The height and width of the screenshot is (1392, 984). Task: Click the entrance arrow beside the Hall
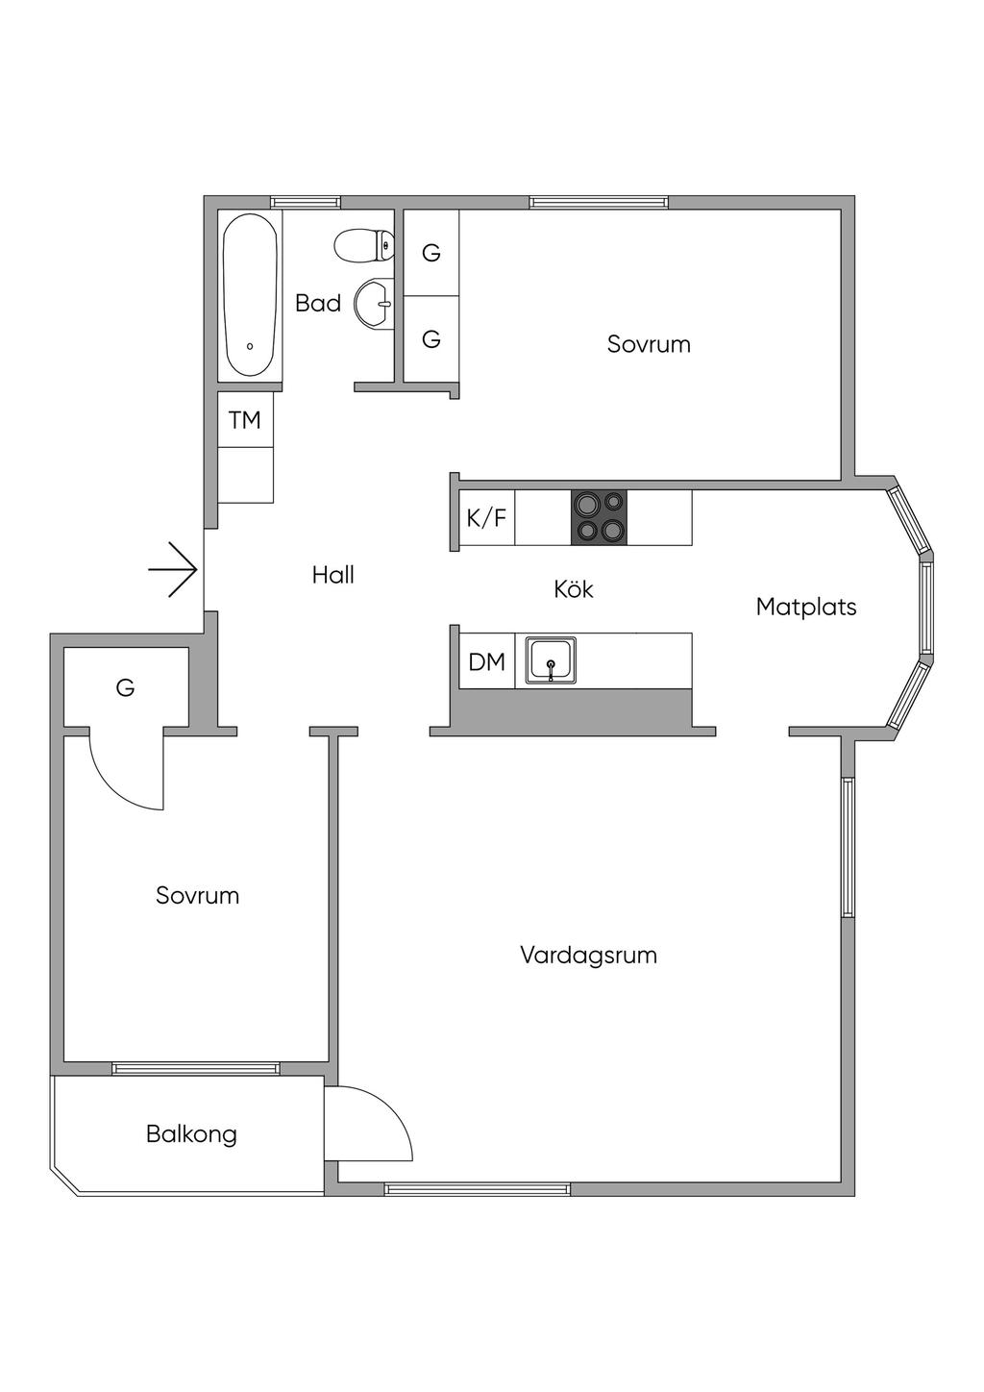point(173,570)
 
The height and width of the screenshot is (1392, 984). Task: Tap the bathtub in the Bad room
point(251,294)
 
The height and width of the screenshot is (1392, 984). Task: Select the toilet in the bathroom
point(363,245)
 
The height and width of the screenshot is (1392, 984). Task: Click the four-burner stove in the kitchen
point(599,517)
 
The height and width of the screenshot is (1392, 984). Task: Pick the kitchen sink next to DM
point(551,660)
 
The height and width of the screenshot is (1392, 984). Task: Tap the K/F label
point(486,518)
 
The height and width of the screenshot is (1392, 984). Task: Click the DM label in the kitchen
point(486,661)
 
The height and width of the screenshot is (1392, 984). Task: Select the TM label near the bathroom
point(245,420)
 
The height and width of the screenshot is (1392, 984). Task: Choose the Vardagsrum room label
point(588,956)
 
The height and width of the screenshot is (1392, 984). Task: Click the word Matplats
point(805,607)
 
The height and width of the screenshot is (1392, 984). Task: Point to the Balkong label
point(191,1134)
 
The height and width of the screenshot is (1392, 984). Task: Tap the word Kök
point(574,588)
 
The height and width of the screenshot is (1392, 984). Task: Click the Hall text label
point(333,575)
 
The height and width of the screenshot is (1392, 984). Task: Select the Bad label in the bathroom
point(318,304)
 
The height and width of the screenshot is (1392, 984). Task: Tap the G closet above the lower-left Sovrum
point(125,688)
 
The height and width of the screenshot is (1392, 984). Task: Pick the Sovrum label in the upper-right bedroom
point(649,344)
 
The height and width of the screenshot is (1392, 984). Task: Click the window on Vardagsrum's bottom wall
point(478,1189)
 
